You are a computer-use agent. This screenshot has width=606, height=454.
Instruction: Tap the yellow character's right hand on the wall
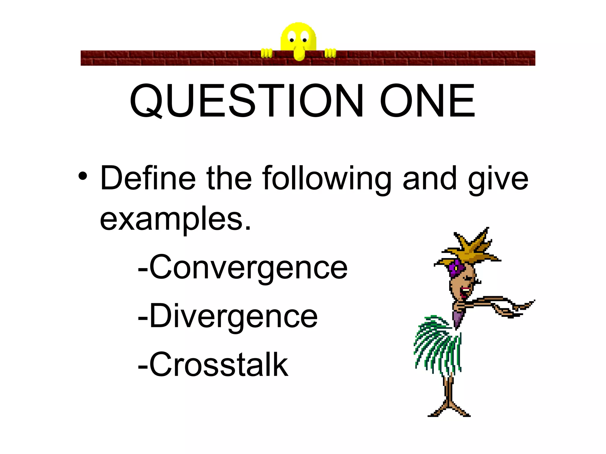pyautogui.click(x=330, y=53)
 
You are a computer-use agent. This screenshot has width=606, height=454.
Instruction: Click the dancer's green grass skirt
pyautogui.click(x=438, y=346)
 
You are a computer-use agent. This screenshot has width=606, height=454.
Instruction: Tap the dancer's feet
pyautogui.click(x=449, y=412)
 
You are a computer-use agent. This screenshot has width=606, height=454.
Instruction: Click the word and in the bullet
pyautogui.click(x=430, y=178)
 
